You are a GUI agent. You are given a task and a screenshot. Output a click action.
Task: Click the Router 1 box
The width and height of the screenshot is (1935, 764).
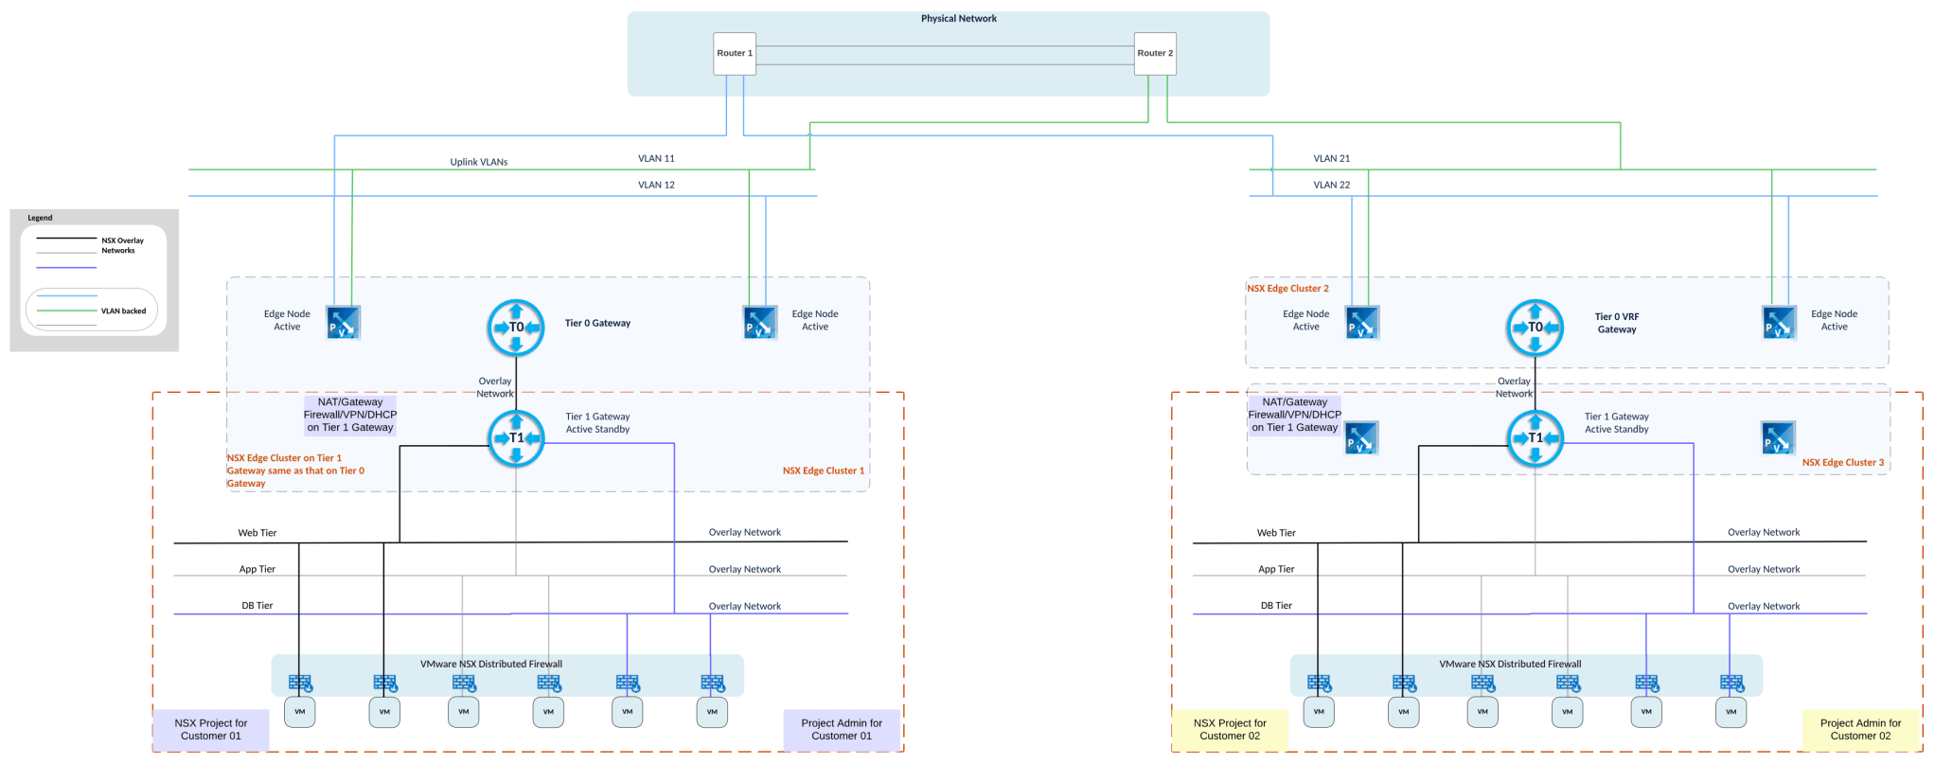735,54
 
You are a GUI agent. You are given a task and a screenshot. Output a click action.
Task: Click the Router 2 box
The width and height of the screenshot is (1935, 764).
1155,54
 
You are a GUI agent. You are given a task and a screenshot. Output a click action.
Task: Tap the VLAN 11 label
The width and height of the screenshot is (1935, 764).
656,159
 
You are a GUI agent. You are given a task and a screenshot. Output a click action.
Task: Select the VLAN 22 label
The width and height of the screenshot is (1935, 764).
1331,186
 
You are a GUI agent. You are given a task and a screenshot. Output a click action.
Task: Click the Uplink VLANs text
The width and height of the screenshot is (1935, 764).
479,162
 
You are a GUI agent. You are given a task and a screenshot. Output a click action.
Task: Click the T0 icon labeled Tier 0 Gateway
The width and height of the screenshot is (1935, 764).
516,328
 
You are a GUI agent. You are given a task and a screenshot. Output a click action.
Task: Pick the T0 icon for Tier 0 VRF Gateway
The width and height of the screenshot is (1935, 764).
1535,328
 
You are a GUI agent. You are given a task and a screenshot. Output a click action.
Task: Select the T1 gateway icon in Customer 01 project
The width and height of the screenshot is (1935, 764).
516,438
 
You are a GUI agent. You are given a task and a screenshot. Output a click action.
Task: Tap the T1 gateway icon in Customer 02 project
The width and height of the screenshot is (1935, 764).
1535,438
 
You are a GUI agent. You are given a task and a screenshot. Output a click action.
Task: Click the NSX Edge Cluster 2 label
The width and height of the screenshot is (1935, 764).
1287,289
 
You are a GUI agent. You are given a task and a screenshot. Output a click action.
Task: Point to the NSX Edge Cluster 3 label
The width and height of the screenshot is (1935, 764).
1842,463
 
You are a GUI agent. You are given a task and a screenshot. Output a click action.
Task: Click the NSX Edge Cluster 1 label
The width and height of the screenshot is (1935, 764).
823,471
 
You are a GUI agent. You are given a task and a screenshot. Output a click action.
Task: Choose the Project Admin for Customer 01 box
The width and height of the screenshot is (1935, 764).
842,730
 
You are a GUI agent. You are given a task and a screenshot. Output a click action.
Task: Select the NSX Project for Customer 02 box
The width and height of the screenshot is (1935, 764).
1230,730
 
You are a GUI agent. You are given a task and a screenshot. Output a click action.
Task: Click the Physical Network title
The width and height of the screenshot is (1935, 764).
958,19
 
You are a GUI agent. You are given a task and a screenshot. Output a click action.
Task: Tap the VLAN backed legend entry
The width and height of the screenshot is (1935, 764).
123,311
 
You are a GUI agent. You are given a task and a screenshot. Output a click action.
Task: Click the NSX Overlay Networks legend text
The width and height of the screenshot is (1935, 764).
122,245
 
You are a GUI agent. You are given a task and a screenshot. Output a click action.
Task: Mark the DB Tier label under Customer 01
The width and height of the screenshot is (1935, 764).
257,606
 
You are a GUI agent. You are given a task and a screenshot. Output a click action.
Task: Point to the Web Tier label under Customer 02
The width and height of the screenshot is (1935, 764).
1275,533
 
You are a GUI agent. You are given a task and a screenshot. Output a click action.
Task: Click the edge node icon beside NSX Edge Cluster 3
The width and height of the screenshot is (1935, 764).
1778,438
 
